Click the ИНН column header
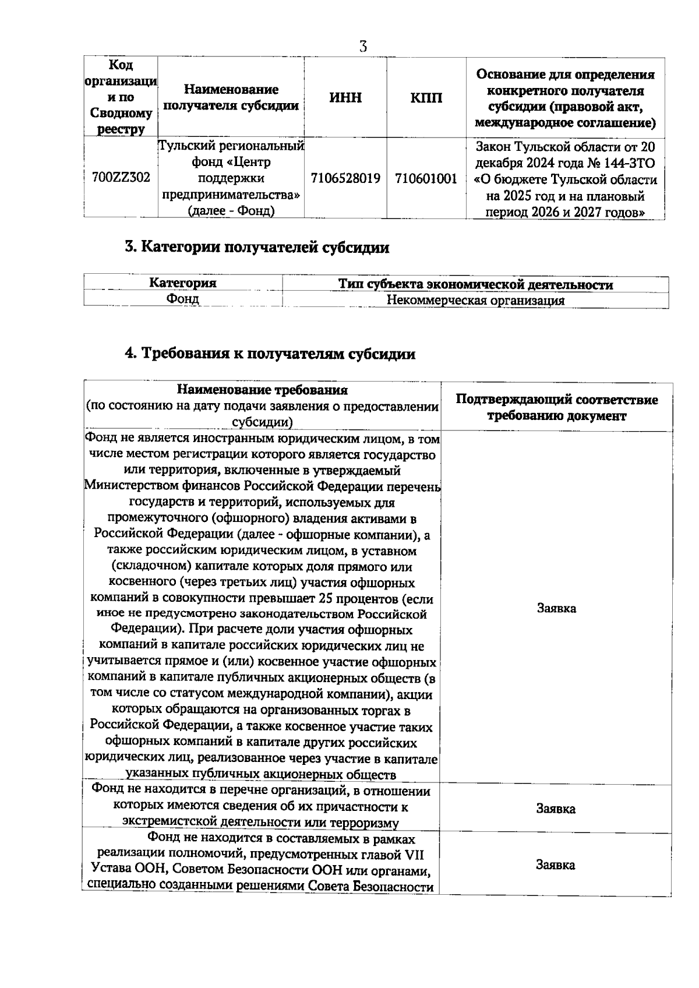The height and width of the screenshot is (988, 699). coord(345,97)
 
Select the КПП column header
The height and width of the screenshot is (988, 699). coord(426,97)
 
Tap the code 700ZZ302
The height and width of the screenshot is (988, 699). coord(121,178)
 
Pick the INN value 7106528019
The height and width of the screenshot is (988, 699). coord(345,178)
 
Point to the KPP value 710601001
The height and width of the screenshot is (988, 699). coord(426,178)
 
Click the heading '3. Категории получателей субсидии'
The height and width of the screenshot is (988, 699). coord(257,247)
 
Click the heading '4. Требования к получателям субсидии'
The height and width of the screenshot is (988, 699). coord(270,354)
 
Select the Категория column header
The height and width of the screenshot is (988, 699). coord(183,283)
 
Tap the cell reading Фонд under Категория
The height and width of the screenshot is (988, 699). coord(183,299)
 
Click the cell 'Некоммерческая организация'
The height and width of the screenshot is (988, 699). coord(475,301)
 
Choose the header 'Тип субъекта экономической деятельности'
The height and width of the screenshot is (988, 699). coord(475,284)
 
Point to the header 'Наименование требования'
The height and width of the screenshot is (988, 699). coord(262,390)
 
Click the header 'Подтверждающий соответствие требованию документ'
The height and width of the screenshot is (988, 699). coord(556,408)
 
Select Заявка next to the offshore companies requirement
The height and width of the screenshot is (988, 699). coord(556,608)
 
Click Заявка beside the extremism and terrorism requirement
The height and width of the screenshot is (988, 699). coord(556,809)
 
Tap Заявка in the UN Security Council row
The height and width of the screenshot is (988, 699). coord(556,865)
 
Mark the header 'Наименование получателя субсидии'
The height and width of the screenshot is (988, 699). coord(231,97)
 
